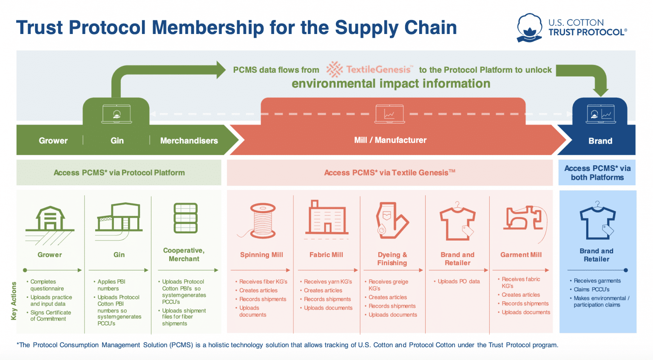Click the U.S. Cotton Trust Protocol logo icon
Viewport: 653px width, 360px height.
(x=529, y=28)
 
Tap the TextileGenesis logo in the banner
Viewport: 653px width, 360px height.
(x=369, y=69)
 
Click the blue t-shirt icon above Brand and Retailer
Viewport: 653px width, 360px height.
(x=597, y=221)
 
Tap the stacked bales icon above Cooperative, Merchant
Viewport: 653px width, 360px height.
(x=185, y=218)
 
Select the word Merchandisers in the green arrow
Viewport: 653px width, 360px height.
(x=189, y=141)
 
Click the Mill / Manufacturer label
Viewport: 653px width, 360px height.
(x=390, y=140)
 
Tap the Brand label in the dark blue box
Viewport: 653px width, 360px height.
(x=600, y=141)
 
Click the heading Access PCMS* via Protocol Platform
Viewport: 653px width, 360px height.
(x=119, y=173)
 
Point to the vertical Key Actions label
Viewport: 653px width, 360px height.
(x=14, y=300)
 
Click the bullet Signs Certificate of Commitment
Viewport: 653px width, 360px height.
(x=50, y=315)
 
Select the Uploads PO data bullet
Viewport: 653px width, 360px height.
(x=458, y=281)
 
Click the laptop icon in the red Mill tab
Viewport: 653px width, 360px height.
(x=389, y=114)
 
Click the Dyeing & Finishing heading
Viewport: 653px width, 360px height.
(x=392, y=258)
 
